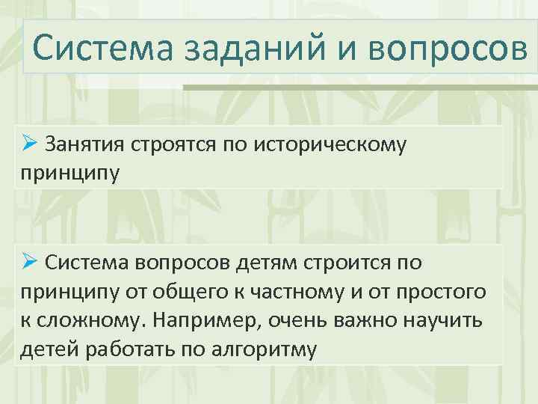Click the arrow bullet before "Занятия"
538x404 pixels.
(29, 143)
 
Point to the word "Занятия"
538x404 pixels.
(86, 144)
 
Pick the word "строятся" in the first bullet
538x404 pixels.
(174, 144)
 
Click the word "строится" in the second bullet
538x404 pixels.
(357, 263)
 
